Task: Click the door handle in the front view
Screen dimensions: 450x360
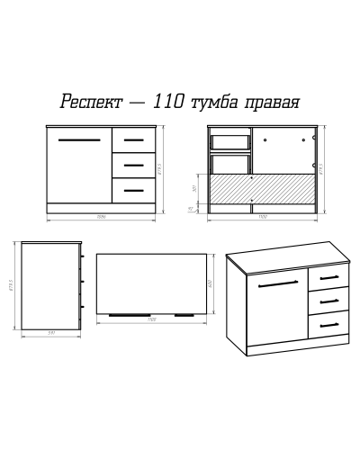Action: [79, 141]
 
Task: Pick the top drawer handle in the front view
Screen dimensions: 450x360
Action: [134, 141]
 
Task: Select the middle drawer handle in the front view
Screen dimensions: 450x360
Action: [134, 166]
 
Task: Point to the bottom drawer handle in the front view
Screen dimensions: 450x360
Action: [134, 190]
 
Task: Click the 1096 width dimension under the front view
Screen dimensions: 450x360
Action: [103, 219]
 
